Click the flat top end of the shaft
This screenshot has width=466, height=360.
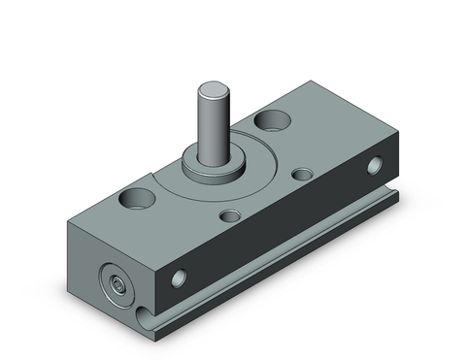214,90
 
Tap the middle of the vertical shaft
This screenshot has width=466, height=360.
214,126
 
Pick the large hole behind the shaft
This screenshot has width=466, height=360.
272,122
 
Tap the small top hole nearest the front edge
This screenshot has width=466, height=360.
231,217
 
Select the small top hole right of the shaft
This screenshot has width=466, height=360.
304,175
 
